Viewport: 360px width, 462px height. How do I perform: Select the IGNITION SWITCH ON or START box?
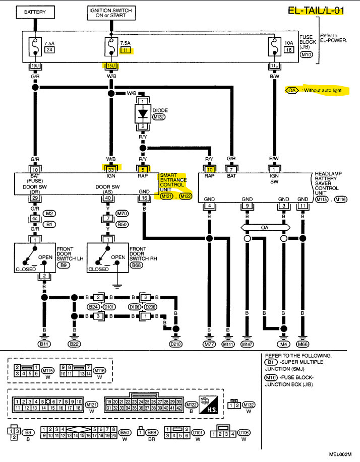pos(111,12)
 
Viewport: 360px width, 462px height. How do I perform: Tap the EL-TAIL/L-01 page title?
pos(316,10)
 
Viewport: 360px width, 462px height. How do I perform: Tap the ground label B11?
pos(44,344)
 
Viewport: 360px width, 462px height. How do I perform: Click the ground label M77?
pos(208,344)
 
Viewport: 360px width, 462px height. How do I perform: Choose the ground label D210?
pos(176,344)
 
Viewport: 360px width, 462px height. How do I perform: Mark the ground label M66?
pos(303,344)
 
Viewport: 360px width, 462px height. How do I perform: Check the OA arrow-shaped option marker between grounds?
pos(265,227)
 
